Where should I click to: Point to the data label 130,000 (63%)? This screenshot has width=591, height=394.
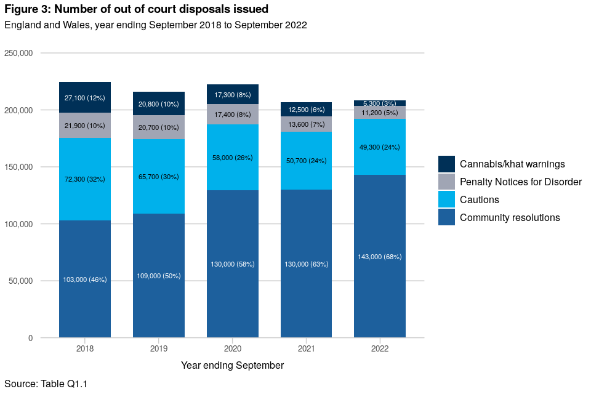tap(307, 264)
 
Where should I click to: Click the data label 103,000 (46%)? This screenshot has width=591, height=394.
tap(85, 279)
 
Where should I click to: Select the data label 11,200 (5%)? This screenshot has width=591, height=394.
tap(380, 113)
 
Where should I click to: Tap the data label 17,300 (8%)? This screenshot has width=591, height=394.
tap(233, 95)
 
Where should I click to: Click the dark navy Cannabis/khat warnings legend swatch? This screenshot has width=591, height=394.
tap(446, 164)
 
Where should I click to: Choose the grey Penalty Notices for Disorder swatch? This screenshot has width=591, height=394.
tap(446, 182)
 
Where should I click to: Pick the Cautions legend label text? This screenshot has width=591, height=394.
tap(480, 199)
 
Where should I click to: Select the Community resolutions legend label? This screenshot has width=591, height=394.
tap(510, 217)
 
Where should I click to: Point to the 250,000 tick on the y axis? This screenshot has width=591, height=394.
tap(18, 53)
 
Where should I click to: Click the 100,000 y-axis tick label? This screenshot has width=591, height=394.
tap(18, 224)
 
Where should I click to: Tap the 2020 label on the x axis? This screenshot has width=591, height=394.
tap(233, 348)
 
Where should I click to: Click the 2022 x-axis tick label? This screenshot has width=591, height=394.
tap(380, 348)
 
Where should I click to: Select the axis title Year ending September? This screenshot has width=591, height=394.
tap(232, 365)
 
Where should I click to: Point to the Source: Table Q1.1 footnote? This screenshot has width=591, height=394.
tap(46, 384)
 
